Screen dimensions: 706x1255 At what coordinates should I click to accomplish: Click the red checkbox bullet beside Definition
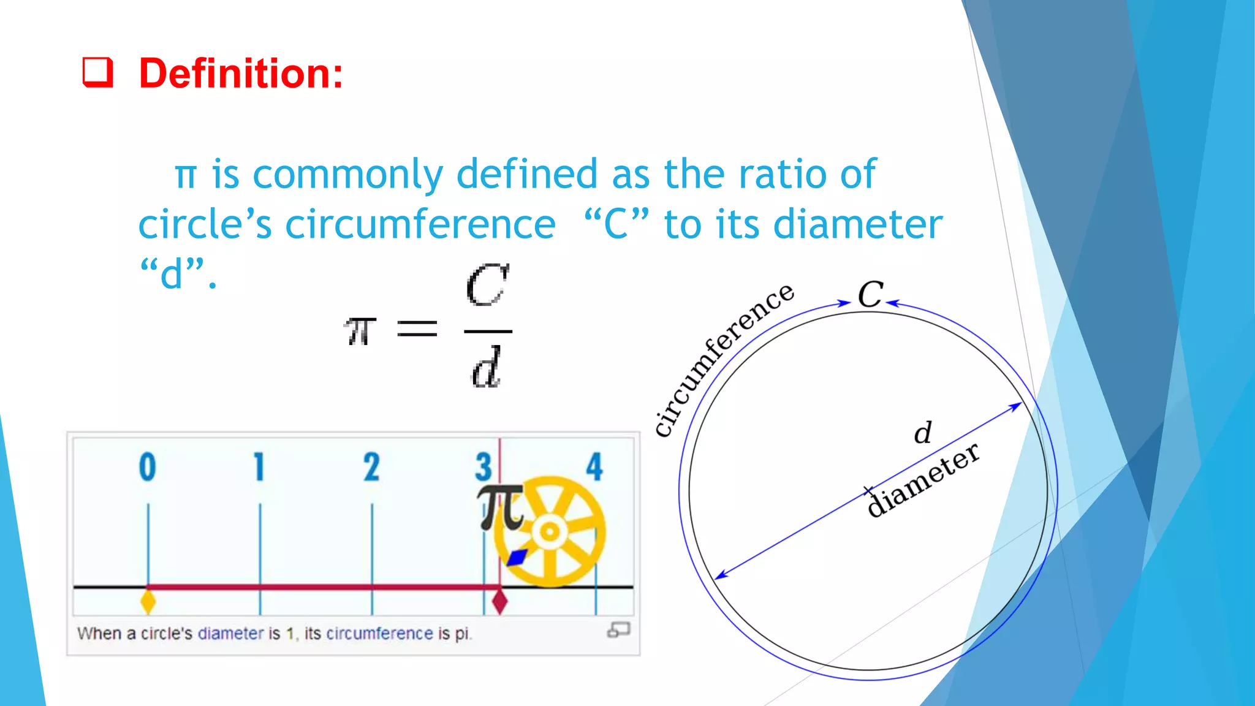(98, 73)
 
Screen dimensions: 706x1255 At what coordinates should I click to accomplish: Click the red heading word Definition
(240, 74)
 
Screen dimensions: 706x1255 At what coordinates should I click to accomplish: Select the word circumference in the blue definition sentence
(420, 224)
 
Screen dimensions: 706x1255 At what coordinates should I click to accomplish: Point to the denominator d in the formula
(486, 368)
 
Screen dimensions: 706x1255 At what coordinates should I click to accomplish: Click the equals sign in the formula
(417, 329)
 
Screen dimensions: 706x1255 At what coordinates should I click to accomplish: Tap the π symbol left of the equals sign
(360, 331)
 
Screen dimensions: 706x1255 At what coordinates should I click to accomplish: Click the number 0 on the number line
(147, 467)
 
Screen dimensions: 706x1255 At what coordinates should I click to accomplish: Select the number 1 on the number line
(259, 467)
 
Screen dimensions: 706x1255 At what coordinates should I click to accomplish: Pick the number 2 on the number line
(371, 467)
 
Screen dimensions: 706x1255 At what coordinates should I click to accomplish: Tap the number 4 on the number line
(594, 467)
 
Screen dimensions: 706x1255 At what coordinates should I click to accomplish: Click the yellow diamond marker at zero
(148, 601)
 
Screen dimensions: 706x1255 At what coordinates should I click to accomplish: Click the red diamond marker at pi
(500, 601)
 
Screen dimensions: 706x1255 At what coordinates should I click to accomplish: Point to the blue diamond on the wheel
(517, 557)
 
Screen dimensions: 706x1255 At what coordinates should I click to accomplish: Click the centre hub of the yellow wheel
(550, 531)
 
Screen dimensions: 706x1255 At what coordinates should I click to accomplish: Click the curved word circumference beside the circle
(723, 359)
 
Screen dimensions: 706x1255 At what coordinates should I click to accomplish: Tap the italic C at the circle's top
(870, 295)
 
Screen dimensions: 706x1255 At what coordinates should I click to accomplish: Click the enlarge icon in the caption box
(618, 630)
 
